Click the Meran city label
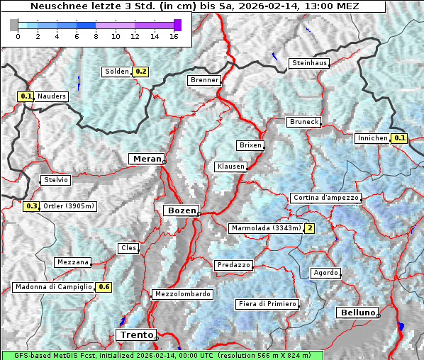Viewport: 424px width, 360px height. pos(146,159)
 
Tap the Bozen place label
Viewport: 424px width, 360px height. pos(180,210)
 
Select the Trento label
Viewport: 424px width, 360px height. pos(135,334)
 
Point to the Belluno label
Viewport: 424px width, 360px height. pos(357,312)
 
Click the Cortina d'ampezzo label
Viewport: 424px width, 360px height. pos(325,198)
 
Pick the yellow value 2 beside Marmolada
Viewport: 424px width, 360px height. pos(309,228)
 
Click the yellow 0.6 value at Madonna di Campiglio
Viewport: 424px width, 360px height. pos(104,287)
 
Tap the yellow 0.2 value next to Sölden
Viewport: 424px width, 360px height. pos(140,72)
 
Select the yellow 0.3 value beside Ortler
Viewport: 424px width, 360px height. pos(31,206)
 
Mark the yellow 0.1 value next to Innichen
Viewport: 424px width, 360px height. pos(399,138)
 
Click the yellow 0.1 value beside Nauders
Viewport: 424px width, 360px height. pos(26,96)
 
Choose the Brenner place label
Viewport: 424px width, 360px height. pos(204,80)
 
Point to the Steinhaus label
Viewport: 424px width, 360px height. pos(310,63)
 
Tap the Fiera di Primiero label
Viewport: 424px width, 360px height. pos(267,304)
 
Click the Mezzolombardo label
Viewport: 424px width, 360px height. pos(182,294)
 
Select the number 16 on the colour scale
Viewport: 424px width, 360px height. pos(174,36)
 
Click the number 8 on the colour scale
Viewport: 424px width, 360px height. pos(96,36)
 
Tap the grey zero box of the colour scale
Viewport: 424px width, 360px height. pos(14,25)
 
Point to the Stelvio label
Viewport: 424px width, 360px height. pos(56,180)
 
